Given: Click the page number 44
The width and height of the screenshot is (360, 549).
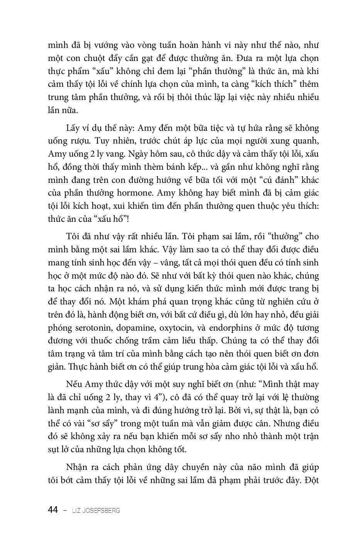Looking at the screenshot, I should point(53,510).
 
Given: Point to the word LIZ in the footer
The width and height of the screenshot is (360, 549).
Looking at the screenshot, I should point(76,510).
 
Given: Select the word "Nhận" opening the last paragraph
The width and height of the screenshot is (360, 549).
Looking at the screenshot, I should point(77,467).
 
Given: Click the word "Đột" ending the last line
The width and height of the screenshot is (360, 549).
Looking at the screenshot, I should point(311,480).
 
